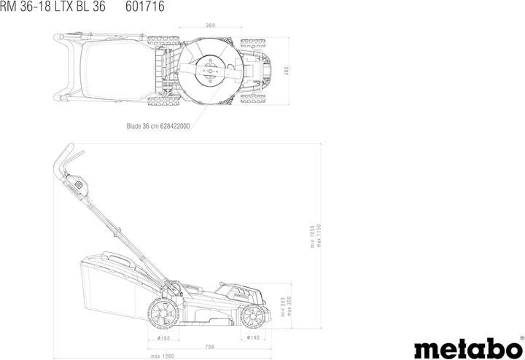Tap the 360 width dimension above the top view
[x=210, y=25]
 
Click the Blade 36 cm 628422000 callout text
[x=157, y=125]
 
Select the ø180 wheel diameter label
[x=164, y=338]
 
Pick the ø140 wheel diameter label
[x=253, y=338]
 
